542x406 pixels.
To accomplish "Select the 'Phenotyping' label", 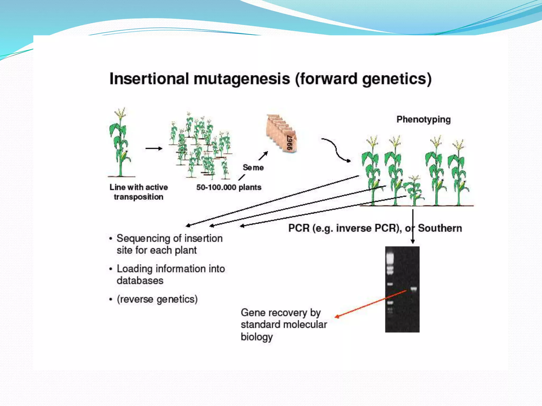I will pos(423,119).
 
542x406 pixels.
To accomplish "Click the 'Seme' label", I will pos(253,168).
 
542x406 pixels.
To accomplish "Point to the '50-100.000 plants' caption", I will pos(229,187).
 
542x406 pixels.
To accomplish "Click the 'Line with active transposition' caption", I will pos(138,192).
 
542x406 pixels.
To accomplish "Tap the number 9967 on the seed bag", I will pos(290,143).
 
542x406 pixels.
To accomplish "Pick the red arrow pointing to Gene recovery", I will pos(371,304).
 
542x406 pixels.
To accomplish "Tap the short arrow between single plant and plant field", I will pos(154,149).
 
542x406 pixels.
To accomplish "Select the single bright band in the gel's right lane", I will pos(414,289).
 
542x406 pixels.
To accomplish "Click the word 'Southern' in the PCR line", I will pos(440,228).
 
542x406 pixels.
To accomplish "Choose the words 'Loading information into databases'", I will pos(171,275).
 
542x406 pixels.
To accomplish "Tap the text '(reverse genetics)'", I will pos(157,299).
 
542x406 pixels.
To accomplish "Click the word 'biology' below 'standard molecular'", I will pos(256,337).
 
